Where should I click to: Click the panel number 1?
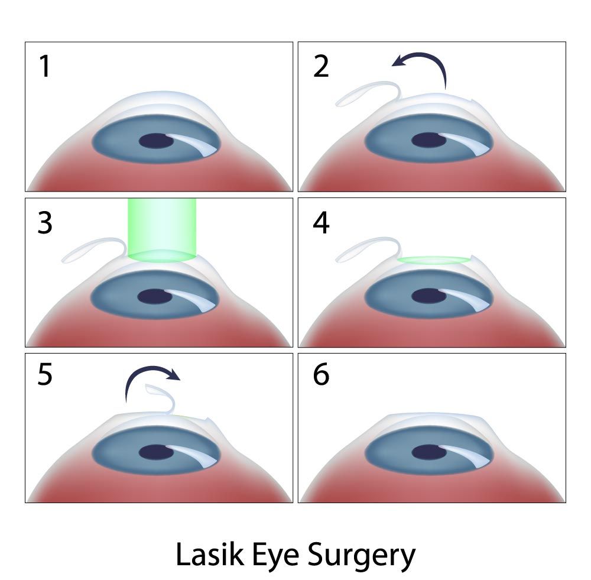click(46, 66)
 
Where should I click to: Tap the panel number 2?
click(321, 66)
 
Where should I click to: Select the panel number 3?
click(45, 223)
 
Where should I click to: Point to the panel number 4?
click(321, 223)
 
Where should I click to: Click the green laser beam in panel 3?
click(162, 230)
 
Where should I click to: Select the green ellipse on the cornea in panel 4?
click(434, 260)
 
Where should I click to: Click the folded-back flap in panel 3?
click(94, 250)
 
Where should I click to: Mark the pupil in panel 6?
click(429, 452)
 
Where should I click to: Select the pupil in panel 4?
click(429, 296)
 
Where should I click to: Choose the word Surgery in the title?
click(362, 556)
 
